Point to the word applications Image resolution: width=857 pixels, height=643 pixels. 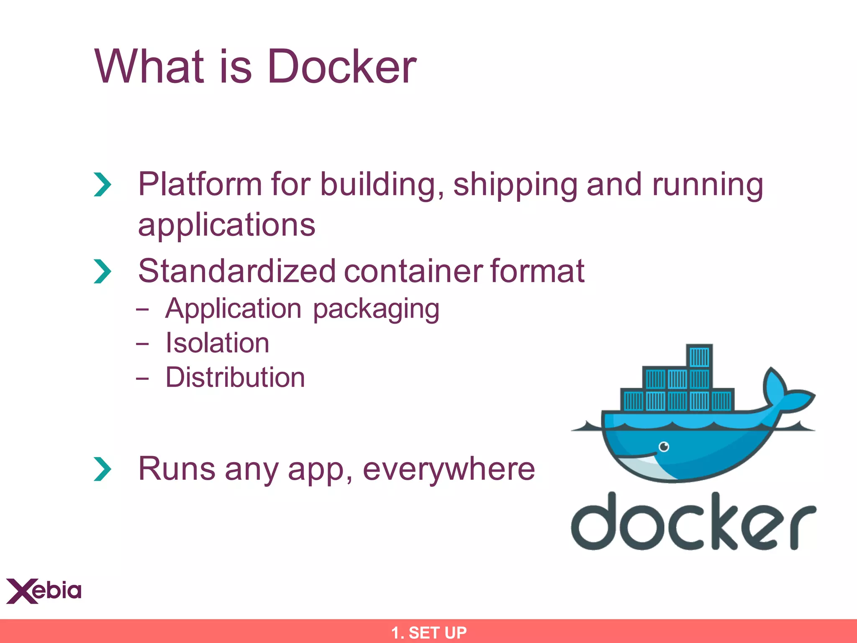point(226,225)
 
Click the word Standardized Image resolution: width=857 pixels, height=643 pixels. point(237,271)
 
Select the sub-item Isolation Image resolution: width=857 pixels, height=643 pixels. point(217,343)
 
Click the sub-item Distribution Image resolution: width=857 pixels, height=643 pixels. point(235,377)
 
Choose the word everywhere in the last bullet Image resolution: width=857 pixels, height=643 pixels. point(449,469)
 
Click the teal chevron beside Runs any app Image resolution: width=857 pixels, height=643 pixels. point(103,469)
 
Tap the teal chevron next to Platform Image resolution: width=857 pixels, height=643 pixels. point(103,185)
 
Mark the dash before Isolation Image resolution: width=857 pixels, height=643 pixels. point(142,344)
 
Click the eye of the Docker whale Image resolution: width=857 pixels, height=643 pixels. point(664,447)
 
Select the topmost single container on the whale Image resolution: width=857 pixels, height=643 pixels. point(699,357)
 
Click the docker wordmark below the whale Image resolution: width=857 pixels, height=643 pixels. point(693,522)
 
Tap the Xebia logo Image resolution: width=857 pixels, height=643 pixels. point(44,591)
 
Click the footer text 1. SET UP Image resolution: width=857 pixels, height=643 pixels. point(428,633)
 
